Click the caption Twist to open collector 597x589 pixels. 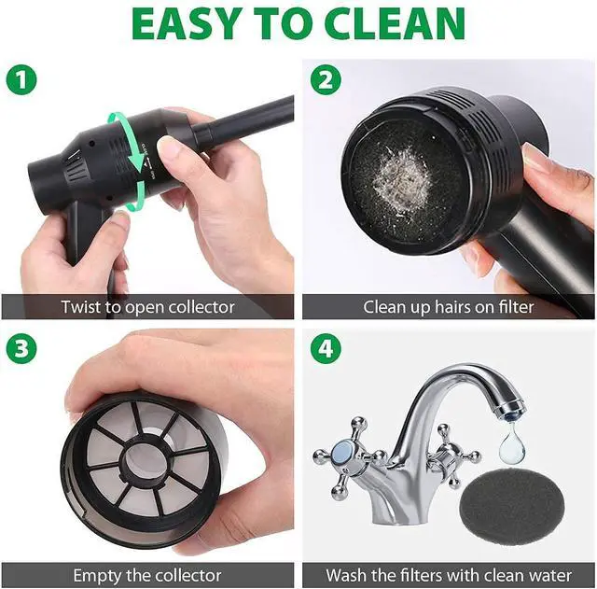(147, 306)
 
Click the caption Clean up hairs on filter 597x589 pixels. (449, 306)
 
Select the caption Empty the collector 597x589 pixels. (147, 575)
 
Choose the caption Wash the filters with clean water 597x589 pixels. (449, 575)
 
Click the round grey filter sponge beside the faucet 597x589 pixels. (499, 504)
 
